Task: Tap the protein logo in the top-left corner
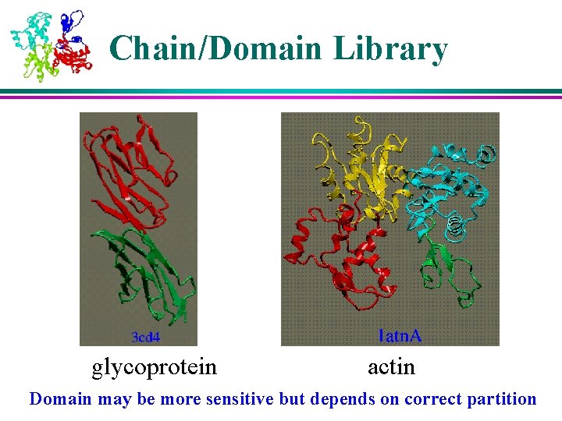click(52, 44)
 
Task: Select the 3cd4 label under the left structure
click(145, 337)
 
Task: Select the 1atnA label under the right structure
click(400, 336)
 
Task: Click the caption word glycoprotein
click(155, 366)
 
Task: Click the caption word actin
click(391, 366)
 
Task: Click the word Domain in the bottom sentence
click(61, 399)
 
